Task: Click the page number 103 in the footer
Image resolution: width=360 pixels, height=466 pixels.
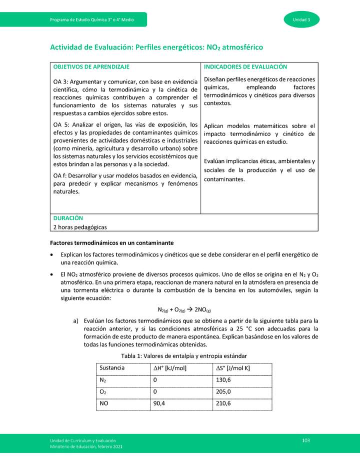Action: point(306,439)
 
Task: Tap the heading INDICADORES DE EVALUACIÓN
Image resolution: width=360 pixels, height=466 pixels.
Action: point(245,66)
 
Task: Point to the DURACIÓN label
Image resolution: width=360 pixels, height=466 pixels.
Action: point(68,218)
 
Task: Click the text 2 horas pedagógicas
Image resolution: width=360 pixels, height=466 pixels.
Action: point(80,227)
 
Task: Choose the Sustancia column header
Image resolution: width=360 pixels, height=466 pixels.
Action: point(112,368)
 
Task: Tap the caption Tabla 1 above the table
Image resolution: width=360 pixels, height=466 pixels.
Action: point(184,355)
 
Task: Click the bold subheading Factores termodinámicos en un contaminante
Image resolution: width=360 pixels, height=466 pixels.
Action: point(112,243)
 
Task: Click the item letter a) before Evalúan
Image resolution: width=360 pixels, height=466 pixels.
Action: point(76,320)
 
